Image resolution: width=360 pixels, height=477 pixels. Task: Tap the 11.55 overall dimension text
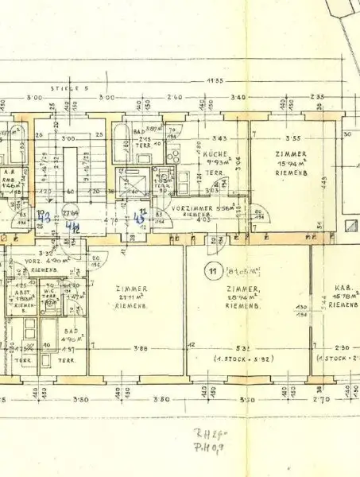click(x=191, y=79)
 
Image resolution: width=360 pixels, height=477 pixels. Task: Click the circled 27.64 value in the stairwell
click(x=72, y=213)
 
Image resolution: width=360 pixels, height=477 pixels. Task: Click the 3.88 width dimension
click(x=141, y=347)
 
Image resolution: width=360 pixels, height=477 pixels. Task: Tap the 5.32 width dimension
click(x=245, y=347)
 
